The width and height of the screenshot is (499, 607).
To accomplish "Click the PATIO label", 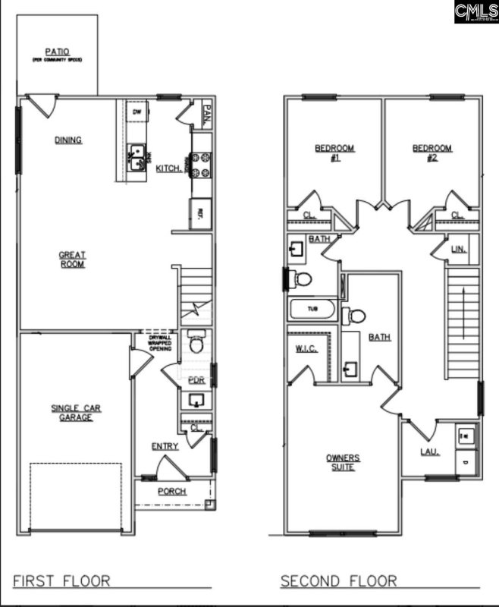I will point(57,52).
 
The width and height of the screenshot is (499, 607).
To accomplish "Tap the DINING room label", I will point(68,140).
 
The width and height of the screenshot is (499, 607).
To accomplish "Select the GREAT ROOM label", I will point(73,259).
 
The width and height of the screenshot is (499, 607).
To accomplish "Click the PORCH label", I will point(172,491).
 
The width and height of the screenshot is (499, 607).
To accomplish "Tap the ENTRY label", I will point(165,446).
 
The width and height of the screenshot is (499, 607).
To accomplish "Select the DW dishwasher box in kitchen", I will point(137,112).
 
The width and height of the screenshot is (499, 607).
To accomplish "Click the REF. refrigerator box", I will point(202,212).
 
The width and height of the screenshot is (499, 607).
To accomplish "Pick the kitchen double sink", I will point(137,156).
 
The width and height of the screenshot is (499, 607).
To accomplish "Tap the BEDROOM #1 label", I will point(335,153).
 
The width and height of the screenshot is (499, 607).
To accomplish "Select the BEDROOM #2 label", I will point(432,153).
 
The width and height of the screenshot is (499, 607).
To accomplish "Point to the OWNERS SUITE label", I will point(343,462).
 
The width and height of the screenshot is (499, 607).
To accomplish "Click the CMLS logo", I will point(476,11).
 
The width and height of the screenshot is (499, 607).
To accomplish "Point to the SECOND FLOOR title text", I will point(338,580).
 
